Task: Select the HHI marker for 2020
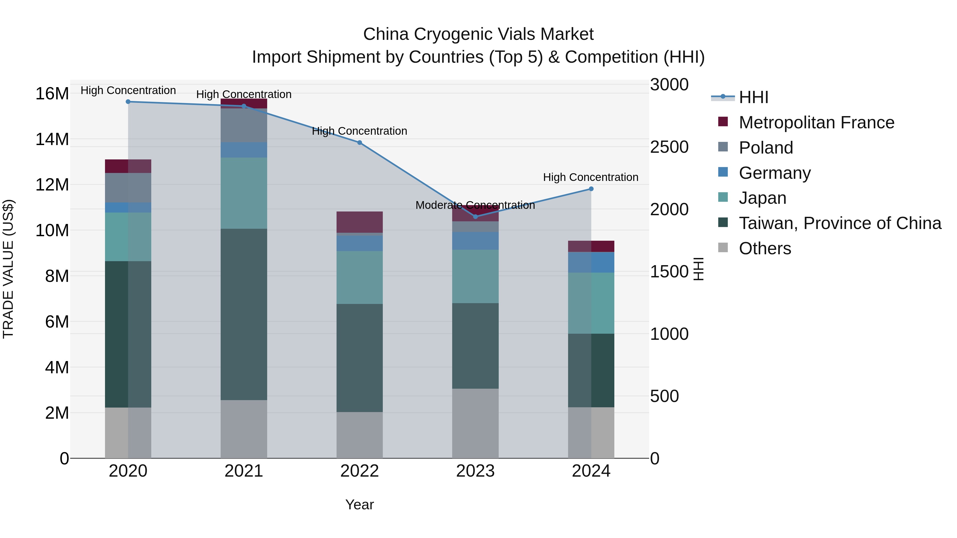[128, 101]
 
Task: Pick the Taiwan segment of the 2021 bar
[244, 314]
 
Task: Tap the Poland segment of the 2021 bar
[244, 125]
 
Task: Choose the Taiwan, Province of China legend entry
[840, 223]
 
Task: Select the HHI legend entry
[753, 97]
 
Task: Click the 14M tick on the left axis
[52, 139]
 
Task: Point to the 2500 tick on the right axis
[669, 147]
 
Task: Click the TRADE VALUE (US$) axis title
[8, 269]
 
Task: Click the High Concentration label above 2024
[590, 177]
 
